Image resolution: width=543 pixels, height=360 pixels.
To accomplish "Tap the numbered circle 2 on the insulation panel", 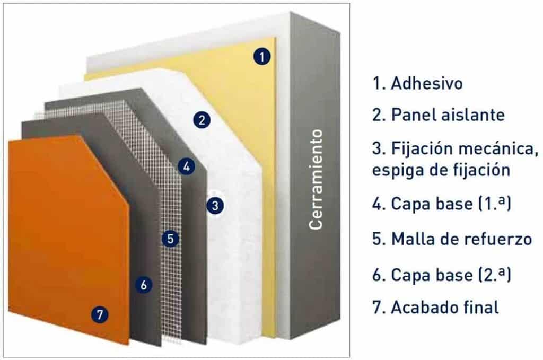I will [x=201, y=120].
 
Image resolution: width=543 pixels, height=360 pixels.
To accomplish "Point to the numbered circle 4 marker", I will [x=185, y=166].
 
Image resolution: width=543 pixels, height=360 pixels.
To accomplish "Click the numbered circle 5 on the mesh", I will [x=170, y=238].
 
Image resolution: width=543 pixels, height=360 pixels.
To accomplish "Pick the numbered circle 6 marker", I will [x=143, y=285].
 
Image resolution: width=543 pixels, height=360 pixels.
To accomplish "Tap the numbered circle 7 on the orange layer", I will [x=99, y=315].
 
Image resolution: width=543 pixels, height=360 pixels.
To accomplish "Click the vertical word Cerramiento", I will [x=316, y=180].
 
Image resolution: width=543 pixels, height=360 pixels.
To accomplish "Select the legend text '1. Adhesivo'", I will [x=417, y=84].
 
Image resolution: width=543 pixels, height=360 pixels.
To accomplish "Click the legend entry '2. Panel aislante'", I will [x=438, y=115].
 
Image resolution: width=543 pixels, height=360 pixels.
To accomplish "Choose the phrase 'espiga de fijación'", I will [x=441, y=171].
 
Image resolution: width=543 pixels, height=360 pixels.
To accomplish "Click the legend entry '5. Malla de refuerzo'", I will [x=452, y=239].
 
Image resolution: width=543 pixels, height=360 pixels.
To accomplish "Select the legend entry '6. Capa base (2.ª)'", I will [x=441, y=275].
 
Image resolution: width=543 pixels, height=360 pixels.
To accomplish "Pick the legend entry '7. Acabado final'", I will [x=435, y=307].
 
